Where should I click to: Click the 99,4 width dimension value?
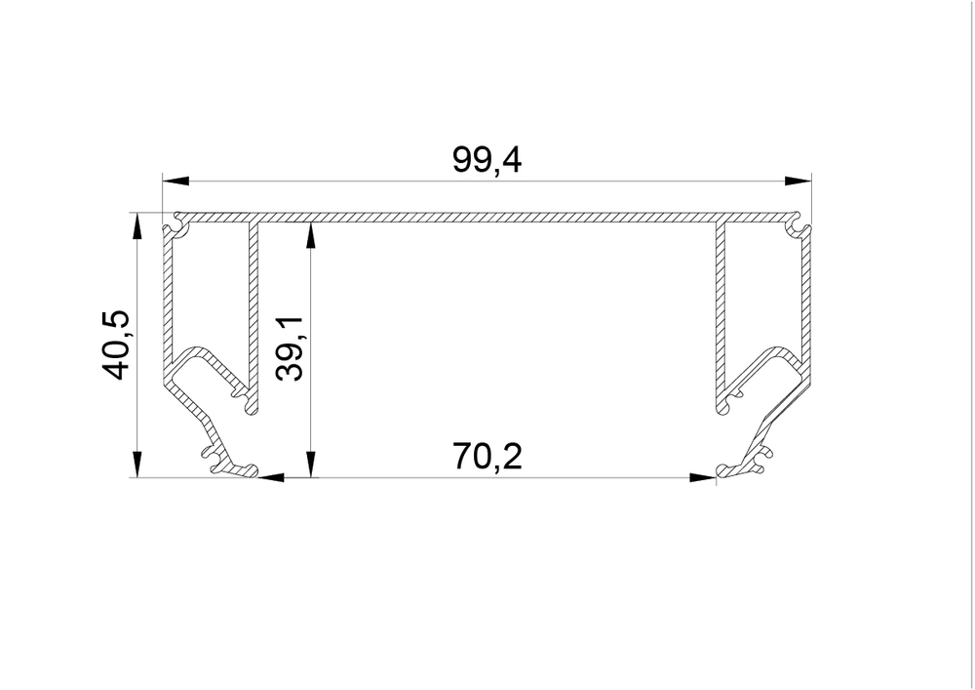tap(487, 160)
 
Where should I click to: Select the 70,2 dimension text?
tap(487, 457)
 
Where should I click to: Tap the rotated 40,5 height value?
tap(116, 345)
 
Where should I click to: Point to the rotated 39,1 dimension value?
tap(290, 348)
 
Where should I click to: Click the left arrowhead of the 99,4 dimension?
tap(175, 182)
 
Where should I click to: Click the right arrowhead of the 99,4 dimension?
tap(799, 182)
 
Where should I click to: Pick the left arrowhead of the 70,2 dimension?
tap(270, 478)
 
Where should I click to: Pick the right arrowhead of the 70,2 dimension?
tap(703, 478)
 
